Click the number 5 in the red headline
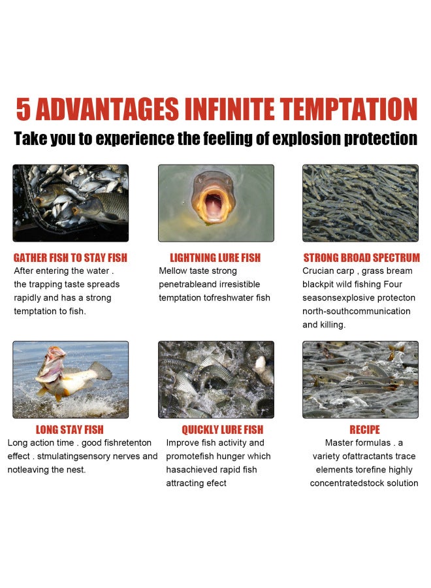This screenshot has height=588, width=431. (x=23, y=110)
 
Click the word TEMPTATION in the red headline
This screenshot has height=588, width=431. (x=349, y=110)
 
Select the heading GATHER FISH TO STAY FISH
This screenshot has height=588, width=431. (x=71, y=257)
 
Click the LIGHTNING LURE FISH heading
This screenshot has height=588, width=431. (x=215, y=257)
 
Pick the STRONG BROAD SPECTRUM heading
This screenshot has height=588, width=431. (x=362, y=257)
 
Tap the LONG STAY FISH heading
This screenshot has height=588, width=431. (x=70, y=429)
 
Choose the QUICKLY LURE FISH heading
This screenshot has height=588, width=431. (x=223, y=429)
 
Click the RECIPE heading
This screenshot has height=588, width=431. (x=364, y=429)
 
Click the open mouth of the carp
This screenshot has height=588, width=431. (x=212, y=204)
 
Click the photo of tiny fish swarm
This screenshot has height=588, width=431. (x=360, y=203)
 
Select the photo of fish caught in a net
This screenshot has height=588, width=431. (x=71, y=203)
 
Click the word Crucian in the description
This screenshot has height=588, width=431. (x=315, y=270)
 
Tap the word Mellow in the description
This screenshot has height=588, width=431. (x=173, y=270)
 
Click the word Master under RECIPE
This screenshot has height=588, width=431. (x=339, y=443)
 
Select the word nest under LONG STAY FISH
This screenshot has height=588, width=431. (x=76, y=470)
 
